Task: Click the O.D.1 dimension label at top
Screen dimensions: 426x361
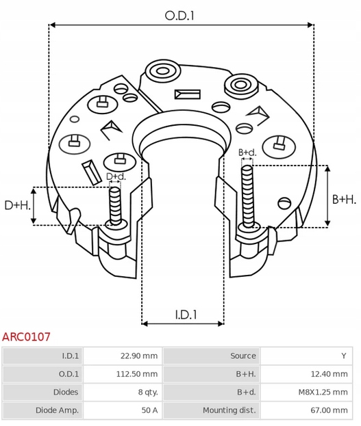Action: point(179,14)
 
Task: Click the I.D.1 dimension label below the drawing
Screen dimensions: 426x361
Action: point(185,315)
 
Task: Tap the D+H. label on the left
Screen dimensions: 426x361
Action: point(17,205)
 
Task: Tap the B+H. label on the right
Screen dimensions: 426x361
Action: point(344,199)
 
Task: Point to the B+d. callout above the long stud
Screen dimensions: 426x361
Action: point(247,152)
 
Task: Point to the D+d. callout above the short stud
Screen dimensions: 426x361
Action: point(116,176)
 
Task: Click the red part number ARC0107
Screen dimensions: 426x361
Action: point(26,337)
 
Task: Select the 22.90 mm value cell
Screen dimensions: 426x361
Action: point(139,356)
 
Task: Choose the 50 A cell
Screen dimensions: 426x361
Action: point(149,410)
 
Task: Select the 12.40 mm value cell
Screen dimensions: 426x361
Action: point(329,374)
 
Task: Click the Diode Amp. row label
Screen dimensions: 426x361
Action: point(57,410)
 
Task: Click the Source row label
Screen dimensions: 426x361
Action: point(242,356)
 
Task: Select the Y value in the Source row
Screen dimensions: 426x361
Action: point(343,356)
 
